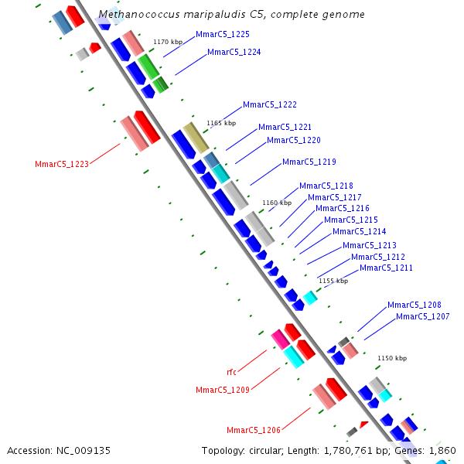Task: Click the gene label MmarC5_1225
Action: click(223, 35)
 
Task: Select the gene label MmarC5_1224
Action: click(234, 53)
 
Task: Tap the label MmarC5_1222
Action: click(270, 105)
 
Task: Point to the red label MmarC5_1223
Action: click(62, 164)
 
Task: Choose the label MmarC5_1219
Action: click(309, 162)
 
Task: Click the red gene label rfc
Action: click(232, 373)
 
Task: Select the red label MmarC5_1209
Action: click(223, 391)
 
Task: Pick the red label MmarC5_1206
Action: click(254, 431)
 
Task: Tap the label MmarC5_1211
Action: click(387, 268)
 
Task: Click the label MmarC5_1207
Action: click(423, 317)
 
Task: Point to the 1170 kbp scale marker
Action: click(168, 43)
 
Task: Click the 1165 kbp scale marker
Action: click(220, 123)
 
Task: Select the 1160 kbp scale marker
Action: click(277, 203)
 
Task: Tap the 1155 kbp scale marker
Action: click(333, 281)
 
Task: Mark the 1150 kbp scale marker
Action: click(391, 359)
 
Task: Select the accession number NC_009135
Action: click(82, 450)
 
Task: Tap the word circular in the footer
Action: click(268, 450)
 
